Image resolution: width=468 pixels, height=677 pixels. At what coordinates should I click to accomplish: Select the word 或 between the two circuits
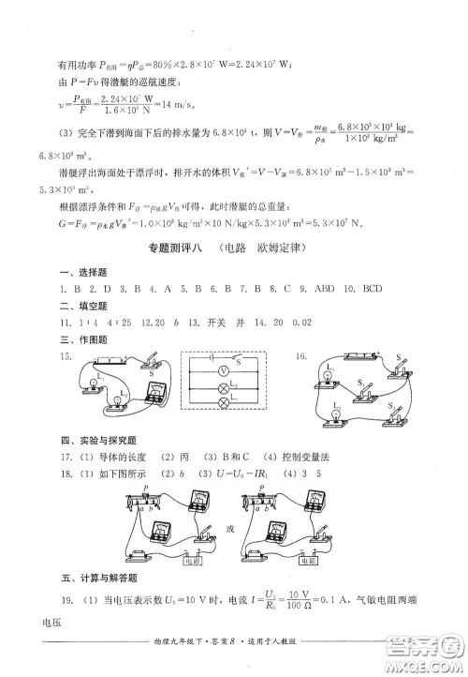pyautogui.click(x=234, y=530)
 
